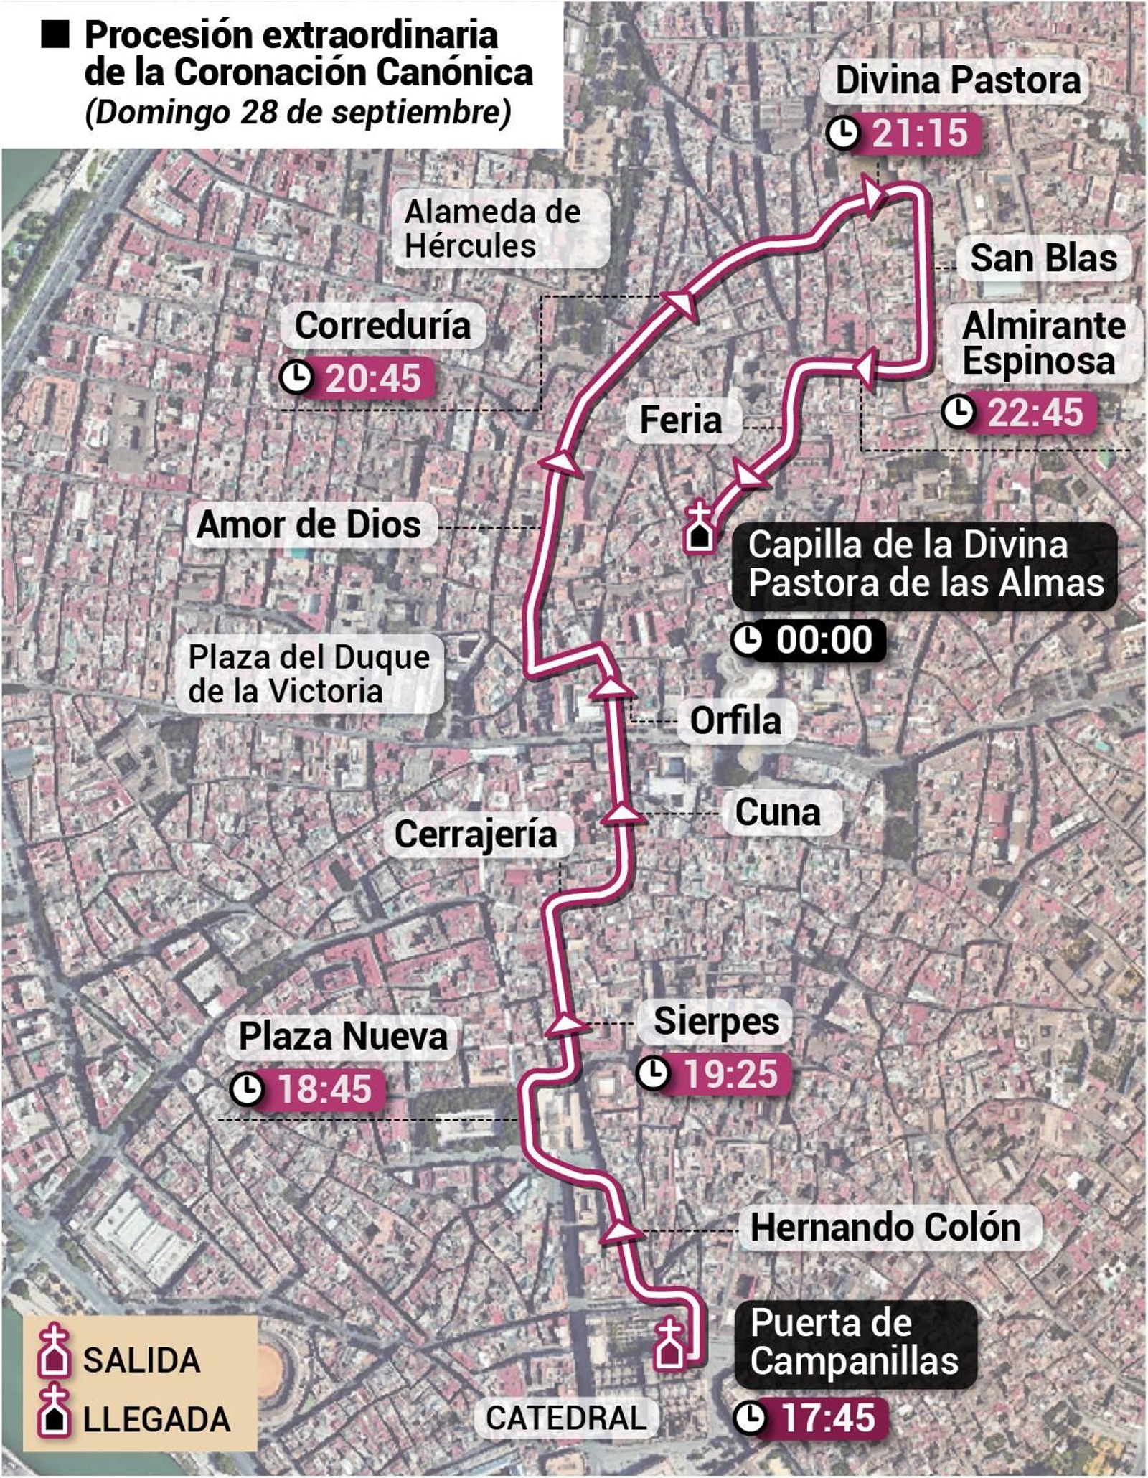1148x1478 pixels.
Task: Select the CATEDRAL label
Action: coord(566,1418)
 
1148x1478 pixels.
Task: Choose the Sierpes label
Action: coord(716,1021)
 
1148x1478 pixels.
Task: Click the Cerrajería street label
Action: coord(476,834)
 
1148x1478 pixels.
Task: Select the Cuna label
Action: coord(778,812)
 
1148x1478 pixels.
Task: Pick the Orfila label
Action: coord(735,720)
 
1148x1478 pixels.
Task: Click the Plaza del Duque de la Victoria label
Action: coord(309,674)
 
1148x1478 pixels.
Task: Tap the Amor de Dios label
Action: coord(309,524)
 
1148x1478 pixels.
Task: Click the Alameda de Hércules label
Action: coord(492,228)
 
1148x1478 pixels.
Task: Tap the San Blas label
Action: coord(1043,258)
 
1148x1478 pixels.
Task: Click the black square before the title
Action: coord(55,35)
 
